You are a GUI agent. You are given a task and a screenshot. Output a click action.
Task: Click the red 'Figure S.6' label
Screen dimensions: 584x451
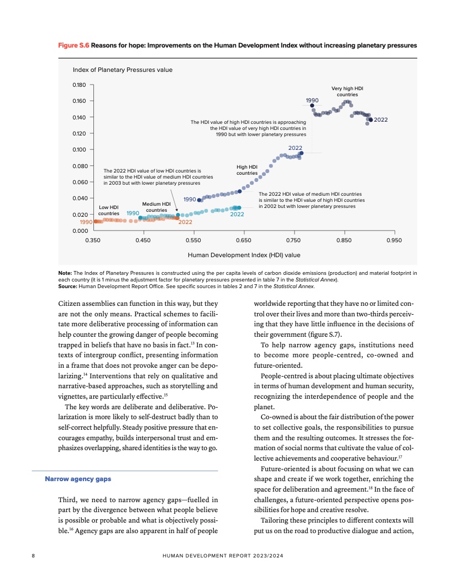click(x=74, y=44)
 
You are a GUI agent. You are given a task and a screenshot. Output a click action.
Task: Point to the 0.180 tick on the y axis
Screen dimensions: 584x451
click(x=80, y=85)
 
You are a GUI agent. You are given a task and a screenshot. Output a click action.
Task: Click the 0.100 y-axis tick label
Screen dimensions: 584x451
click(x=80, y=150)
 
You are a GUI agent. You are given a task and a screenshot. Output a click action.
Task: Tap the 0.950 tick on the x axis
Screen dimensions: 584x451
click(x=394, y=241)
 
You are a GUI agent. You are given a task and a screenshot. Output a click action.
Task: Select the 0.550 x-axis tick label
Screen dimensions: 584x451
click(x=193, y=241)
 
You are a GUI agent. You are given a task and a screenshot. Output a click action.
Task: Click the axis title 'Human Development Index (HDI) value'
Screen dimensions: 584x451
click(x=244, y=255)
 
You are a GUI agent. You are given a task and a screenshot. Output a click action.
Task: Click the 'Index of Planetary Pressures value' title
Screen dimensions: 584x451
click(x=123, y=70)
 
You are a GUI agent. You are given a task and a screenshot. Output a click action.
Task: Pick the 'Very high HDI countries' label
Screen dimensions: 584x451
click(x=347, y=91)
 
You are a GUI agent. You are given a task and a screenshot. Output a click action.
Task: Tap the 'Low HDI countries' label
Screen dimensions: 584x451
click(x=108, y=210)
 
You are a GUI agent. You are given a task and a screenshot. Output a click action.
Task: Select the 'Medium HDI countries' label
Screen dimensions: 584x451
click(x=156, y=207)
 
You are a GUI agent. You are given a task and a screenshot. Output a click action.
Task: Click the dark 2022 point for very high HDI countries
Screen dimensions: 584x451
click(x=370, y=119)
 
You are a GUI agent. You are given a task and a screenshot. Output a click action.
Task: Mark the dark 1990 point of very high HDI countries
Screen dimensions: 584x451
click(x=312, y=105)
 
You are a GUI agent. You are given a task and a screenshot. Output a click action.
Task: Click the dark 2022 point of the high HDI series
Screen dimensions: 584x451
click(x=301, y=153)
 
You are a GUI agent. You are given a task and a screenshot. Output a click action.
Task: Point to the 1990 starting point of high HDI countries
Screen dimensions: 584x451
click(x=199, y=200)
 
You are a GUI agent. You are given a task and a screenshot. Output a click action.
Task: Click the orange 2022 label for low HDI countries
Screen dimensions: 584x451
click(x=185, y=222)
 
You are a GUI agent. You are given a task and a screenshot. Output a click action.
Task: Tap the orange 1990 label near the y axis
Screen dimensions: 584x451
click(x=86, y=222)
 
